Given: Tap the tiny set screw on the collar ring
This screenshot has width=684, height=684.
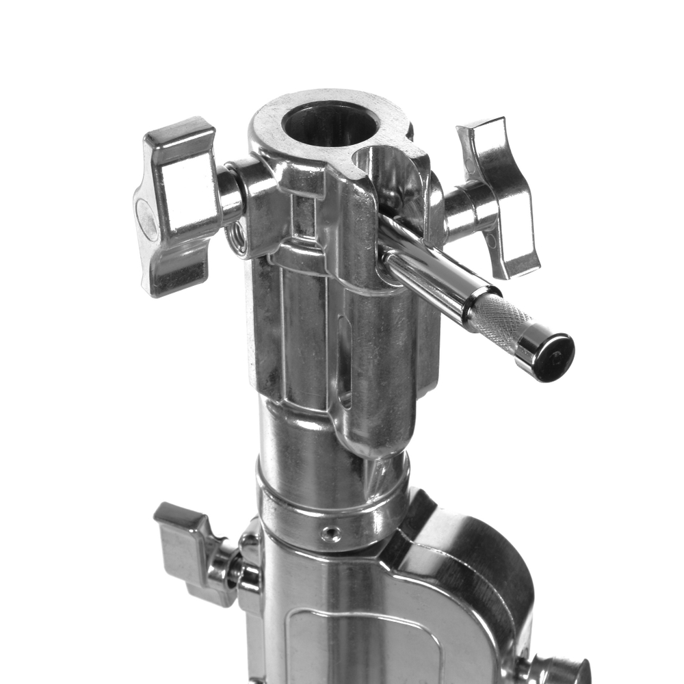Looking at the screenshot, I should coord(331,533).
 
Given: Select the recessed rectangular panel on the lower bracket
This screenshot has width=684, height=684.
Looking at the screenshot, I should coord(363,643).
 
